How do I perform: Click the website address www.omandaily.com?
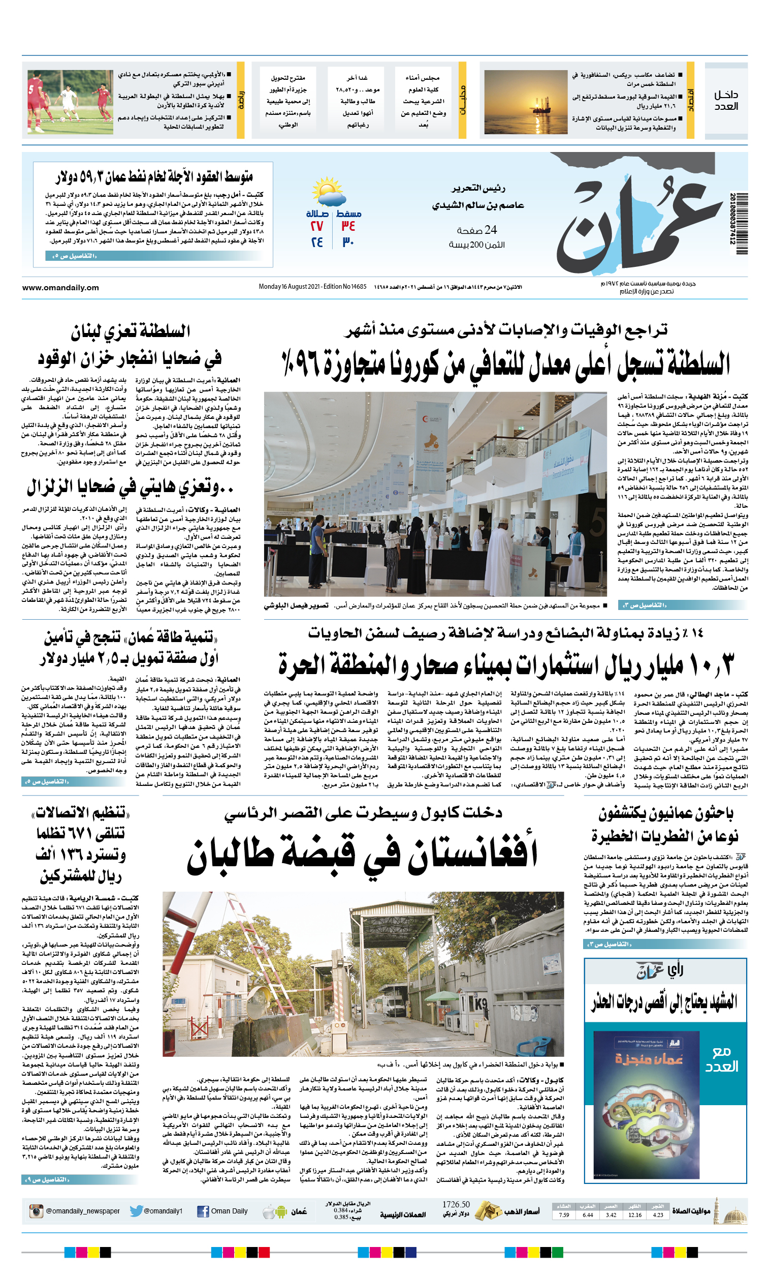[x=60, y=288]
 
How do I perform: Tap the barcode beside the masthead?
[x=741, y=223]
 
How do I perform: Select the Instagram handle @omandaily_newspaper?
[x=82, y=1211]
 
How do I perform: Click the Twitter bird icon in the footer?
[x=136, y=1211]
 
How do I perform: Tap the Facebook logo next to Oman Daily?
[x=203, y=1211]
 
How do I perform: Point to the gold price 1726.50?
[x=456, y=1204]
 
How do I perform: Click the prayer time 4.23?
[x=658, y=1215]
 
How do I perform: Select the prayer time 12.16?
[x=634, y=1215]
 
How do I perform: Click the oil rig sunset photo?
[x=526, y=103]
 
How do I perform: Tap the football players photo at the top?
[x=70, y=103]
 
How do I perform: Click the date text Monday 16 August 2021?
[x=290, y=287]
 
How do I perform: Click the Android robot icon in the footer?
[x=281, y=1212]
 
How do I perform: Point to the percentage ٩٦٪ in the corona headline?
[x=301, y=363]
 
